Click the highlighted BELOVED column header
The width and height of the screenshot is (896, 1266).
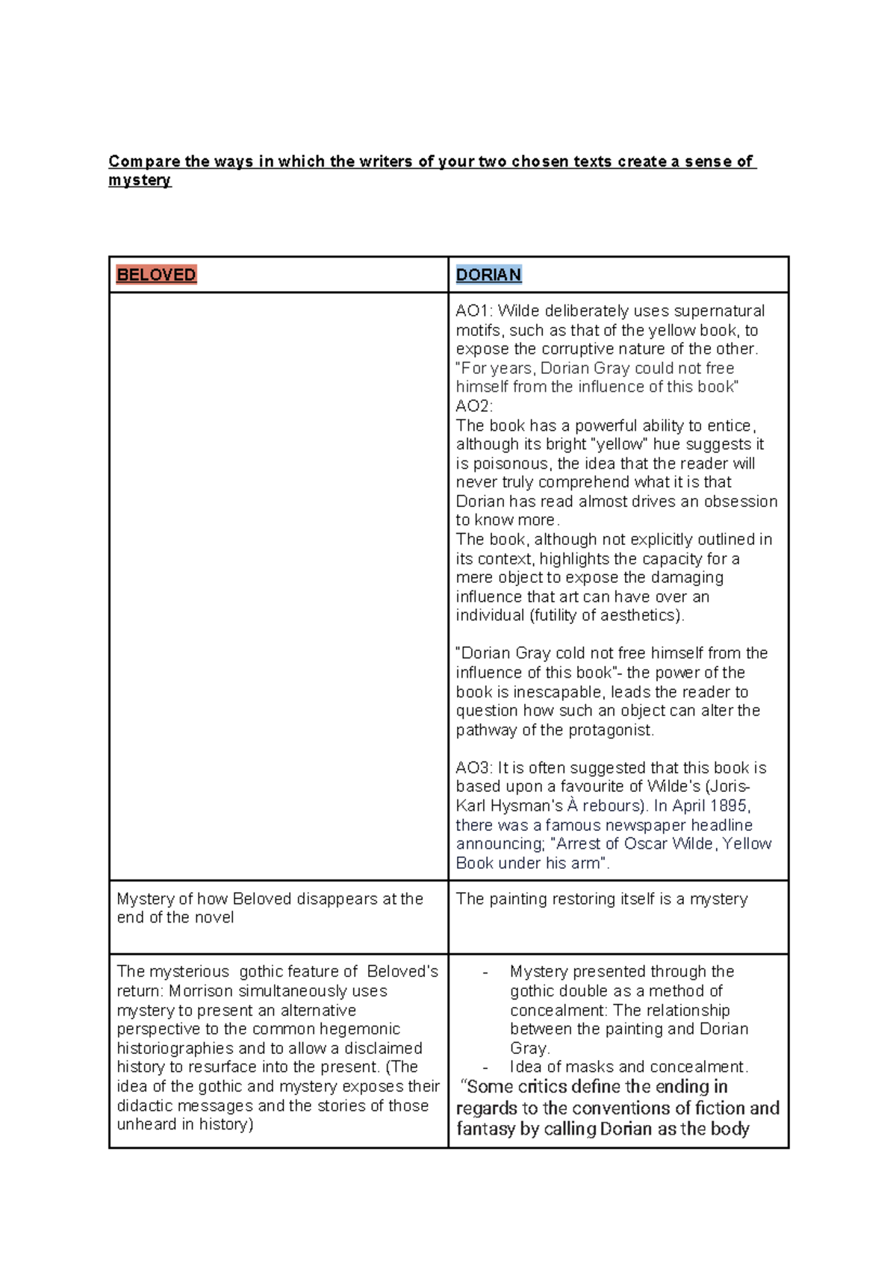156,275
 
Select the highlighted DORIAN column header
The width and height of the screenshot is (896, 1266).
488,275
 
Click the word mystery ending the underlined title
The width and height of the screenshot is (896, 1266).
140,180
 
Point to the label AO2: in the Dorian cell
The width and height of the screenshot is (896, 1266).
474,406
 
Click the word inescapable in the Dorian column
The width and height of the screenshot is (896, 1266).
557,692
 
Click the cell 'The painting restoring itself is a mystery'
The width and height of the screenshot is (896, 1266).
601,899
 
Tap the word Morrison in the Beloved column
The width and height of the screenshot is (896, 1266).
195,991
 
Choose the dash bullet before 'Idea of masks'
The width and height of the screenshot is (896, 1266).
485,1067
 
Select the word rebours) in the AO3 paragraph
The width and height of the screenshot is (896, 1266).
615,805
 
